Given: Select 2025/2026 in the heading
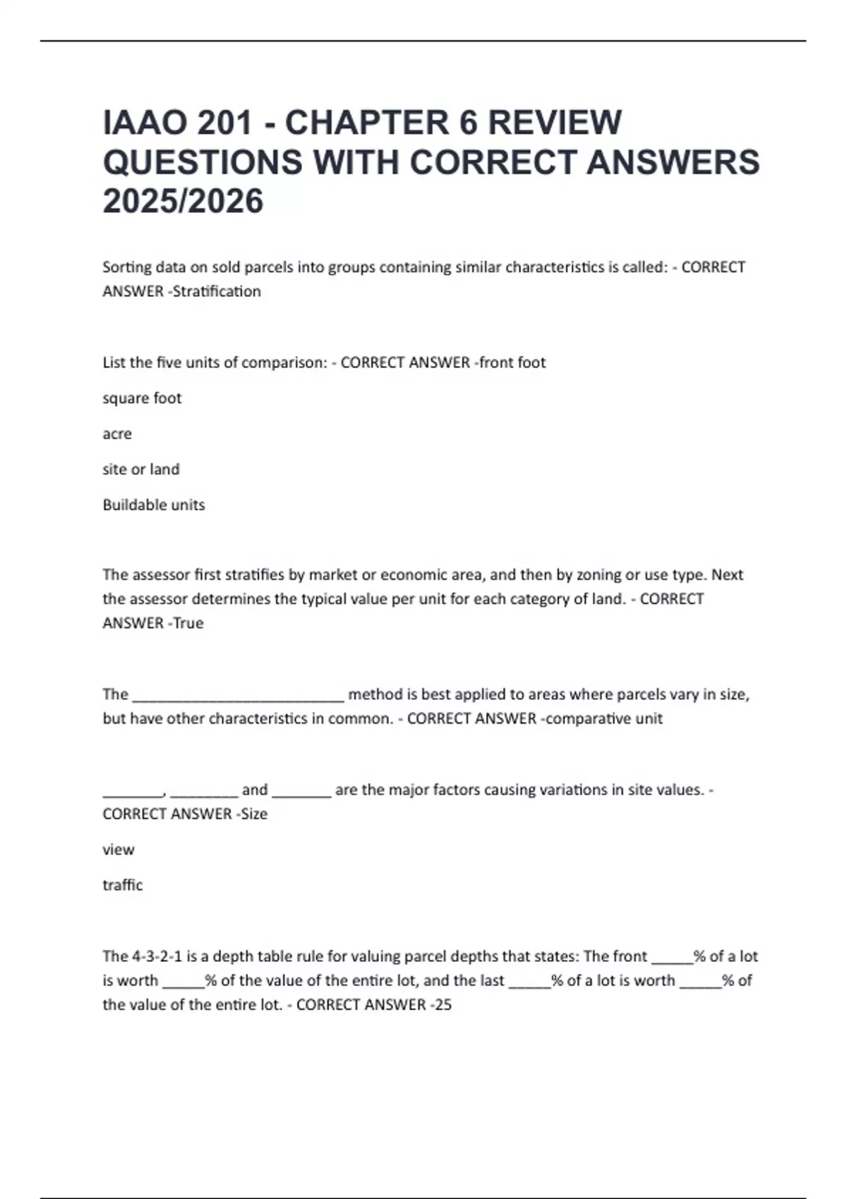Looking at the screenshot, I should (183, 202).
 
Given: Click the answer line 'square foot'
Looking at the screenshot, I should (142, 398).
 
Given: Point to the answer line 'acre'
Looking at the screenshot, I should (117, 434).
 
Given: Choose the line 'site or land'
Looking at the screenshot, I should (141, 469).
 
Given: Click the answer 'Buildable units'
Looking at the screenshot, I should (154, 505).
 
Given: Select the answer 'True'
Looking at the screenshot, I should (188, 623).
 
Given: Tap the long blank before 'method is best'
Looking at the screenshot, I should (239, 695).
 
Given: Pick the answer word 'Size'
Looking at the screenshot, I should (254, 814).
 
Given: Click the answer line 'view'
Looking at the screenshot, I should (118, 850).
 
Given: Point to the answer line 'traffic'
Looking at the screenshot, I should (123, 885).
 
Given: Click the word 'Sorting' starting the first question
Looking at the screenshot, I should (127, 267).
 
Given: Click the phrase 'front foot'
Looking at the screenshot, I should (512, 363).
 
